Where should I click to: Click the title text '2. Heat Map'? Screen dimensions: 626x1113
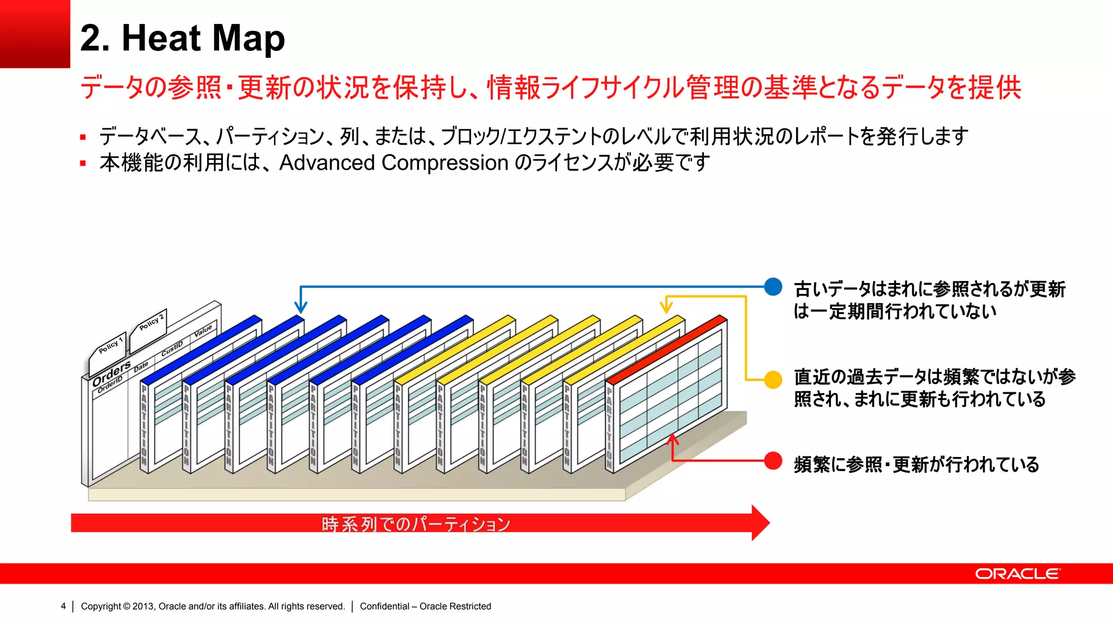click(182, 38)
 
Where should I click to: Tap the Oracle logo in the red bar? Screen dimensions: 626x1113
click(1017, 574)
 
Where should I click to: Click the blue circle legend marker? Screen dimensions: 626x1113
click(773, 286)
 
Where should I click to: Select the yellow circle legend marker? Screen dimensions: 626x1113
click(773, 379)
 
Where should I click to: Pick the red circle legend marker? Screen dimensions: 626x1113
click(773, 461)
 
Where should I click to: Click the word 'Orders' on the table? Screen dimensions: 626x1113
click(111, 373)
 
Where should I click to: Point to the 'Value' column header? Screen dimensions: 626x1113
click(203, 331)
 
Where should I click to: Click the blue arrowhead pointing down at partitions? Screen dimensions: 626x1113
click(301, 307)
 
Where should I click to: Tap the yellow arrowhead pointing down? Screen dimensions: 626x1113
click(666, 308)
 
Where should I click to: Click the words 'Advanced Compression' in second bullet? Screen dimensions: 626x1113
click(393, 162)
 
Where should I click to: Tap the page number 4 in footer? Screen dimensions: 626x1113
click(64, 606)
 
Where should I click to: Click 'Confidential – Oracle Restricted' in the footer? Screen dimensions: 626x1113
click(425, 606)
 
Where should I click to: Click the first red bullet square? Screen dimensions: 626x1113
click(83, 137)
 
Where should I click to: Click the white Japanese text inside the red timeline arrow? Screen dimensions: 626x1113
click(416, 524)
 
